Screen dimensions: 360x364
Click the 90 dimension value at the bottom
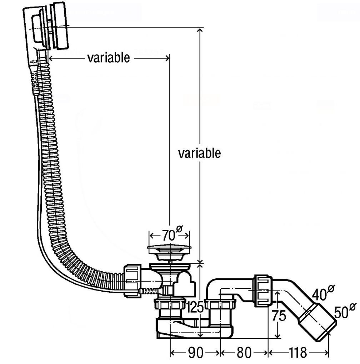point(195,353)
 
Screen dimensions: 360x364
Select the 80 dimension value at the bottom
point(244,353)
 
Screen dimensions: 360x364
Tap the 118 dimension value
point(298,353)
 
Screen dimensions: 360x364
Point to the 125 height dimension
point(195,307)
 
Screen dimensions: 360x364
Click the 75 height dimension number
point(279,316)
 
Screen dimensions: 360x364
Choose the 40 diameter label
point(323,293)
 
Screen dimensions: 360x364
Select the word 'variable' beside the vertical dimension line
point(199,153)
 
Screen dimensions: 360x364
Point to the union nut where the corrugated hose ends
point(132,281)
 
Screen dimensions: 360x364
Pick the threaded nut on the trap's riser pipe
point(220,304)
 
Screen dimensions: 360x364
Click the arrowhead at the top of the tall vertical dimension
point(200,31)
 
